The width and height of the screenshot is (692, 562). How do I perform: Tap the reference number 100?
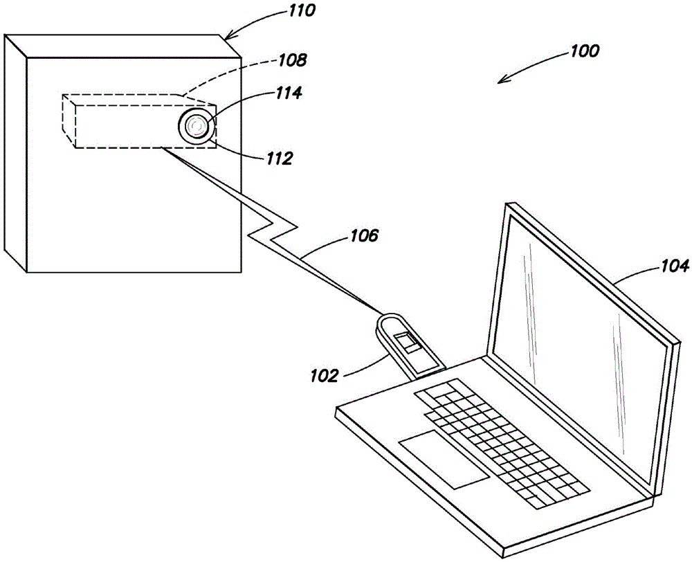[585, 51]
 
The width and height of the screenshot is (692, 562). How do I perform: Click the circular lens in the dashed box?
[197, 126]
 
